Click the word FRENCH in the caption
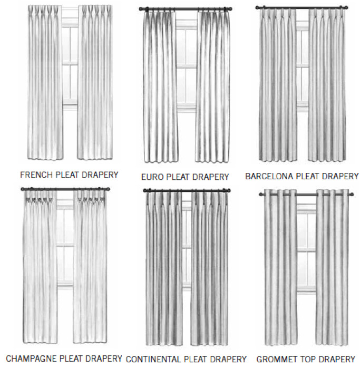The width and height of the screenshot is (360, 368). point(33,175)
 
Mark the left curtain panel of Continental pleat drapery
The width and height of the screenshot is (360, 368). point(163,269)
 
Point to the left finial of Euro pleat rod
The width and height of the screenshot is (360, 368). point(141,9)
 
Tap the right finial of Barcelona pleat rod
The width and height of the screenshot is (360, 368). point(345,8)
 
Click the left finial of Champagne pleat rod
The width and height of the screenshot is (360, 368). point(23,189)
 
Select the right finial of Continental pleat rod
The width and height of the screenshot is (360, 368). point(228,190)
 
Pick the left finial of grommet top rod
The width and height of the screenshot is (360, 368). point(261,195)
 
